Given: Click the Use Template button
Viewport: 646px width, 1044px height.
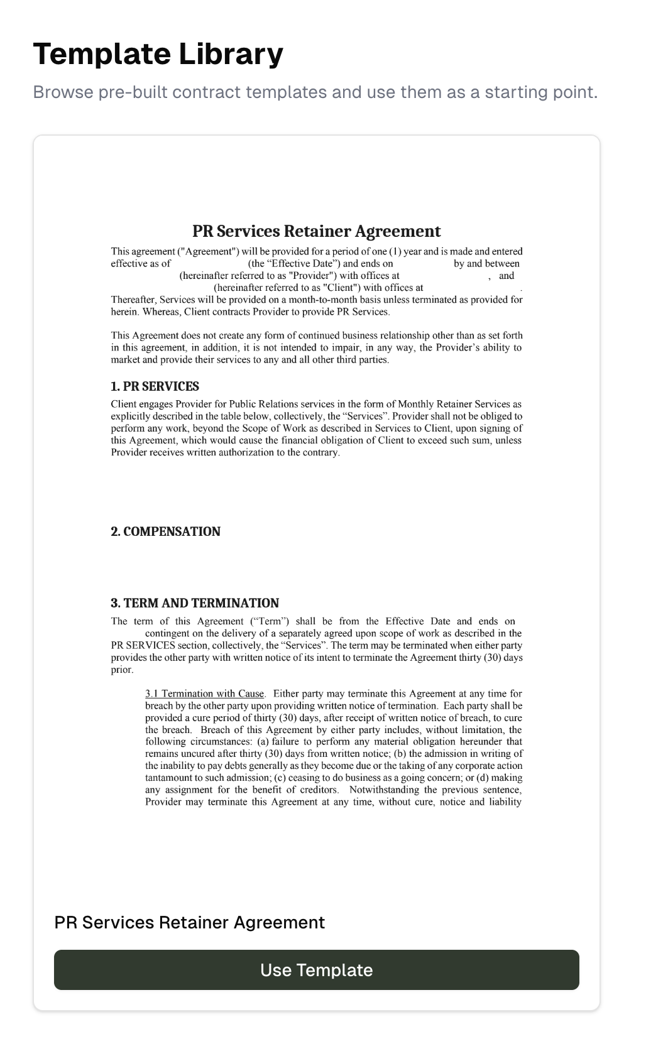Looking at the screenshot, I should (x=316, y=970).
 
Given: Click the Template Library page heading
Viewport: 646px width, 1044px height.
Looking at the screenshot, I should (x=158, y=54).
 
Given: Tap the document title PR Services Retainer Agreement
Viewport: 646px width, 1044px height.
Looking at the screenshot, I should (x=316, y=231).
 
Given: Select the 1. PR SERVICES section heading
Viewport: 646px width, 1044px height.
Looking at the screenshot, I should (x=155, y=386).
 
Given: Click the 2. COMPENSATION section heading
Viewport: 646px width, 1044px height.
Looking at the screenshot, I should (x=165, y=531).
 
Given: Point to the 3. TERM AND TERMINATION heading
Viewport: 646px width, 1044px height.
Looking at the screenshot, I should (x=195, y=603).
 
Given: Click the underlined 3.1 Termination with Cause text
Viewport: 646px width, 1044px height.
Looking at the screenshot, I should (x=205, y=693).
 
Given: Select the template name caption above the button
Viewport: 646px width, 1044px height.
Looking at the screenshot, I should (x=189, y=922).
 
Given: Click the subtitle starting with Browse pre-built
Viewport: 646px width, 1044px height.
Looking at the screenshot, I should (x=315, y=92).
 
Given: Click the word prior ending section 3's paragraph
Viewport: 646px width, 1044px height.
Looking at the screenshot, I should (x=122, y=670).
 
